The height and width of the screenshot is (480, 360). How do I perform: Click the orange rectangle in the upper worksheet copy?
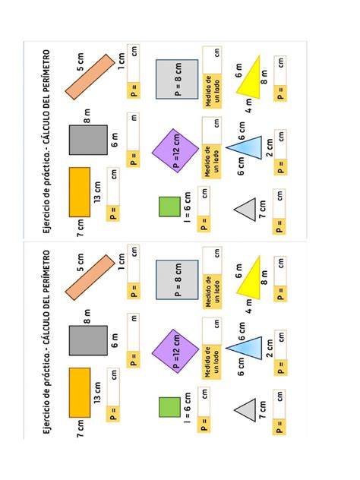(80, 192)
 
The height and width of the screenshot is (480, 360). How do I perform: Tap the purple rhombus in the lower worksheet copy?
(175, 351)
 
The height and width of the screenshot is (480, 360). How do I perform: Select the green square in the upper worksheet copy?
(169, 207)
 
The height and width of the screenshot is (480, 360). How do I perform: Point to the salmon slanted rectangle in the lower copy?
(90, 277)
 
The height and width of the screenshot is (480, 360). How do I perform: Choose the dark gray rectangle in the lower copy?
(88, 340)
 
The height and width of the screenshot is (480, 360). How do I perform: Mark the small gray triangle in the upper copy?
(247, 210)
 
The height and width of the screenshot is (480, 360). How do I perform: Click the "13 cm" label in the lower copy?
(97, 393)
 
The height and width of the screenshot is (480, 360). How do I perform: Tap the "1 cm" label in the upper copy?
(122, 61)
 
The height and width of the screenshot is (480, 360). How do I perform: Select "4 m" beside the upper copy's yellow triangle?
(249, 106)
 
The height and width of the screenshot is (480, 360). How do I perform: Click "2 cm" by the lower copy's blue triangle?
(270, 348)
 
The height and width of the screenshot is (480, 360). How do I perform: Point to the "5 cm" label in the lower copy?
(81, 263)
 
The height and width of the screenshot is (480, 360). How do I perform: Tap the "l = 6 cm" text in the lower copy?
(187, 408)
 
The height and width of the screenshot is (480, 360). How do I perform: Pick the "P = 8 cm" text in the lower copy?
(178, 279)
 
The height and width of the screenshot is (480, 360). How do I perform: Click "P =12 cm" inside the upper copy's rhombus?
(177, 151)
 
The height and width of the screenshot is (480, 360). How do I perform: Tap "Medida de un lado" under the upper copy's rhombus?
(212, 161)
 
